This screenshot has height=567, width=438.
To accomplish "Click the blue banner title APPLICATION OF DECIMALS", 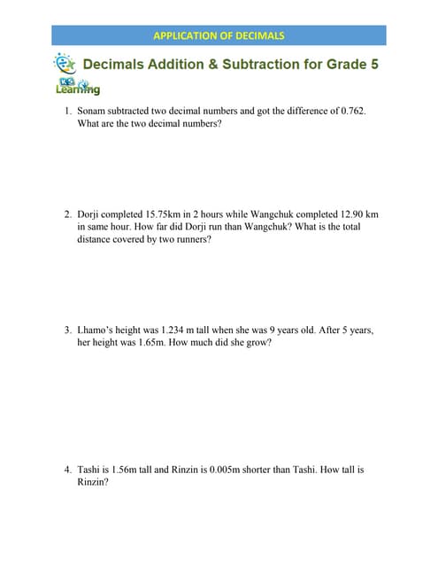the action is coord(219,35).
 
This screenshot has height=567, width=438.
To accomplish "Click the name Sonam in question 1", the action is coord(93,111).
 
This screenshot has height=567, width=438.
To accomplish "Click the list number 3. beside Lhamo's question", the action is coord(67,330).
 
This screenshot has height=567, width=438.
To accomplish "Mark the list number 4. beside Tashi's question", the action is coord(67,470).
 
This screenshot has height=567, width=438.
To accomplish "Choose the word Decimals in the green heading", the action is coord(111,65).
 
